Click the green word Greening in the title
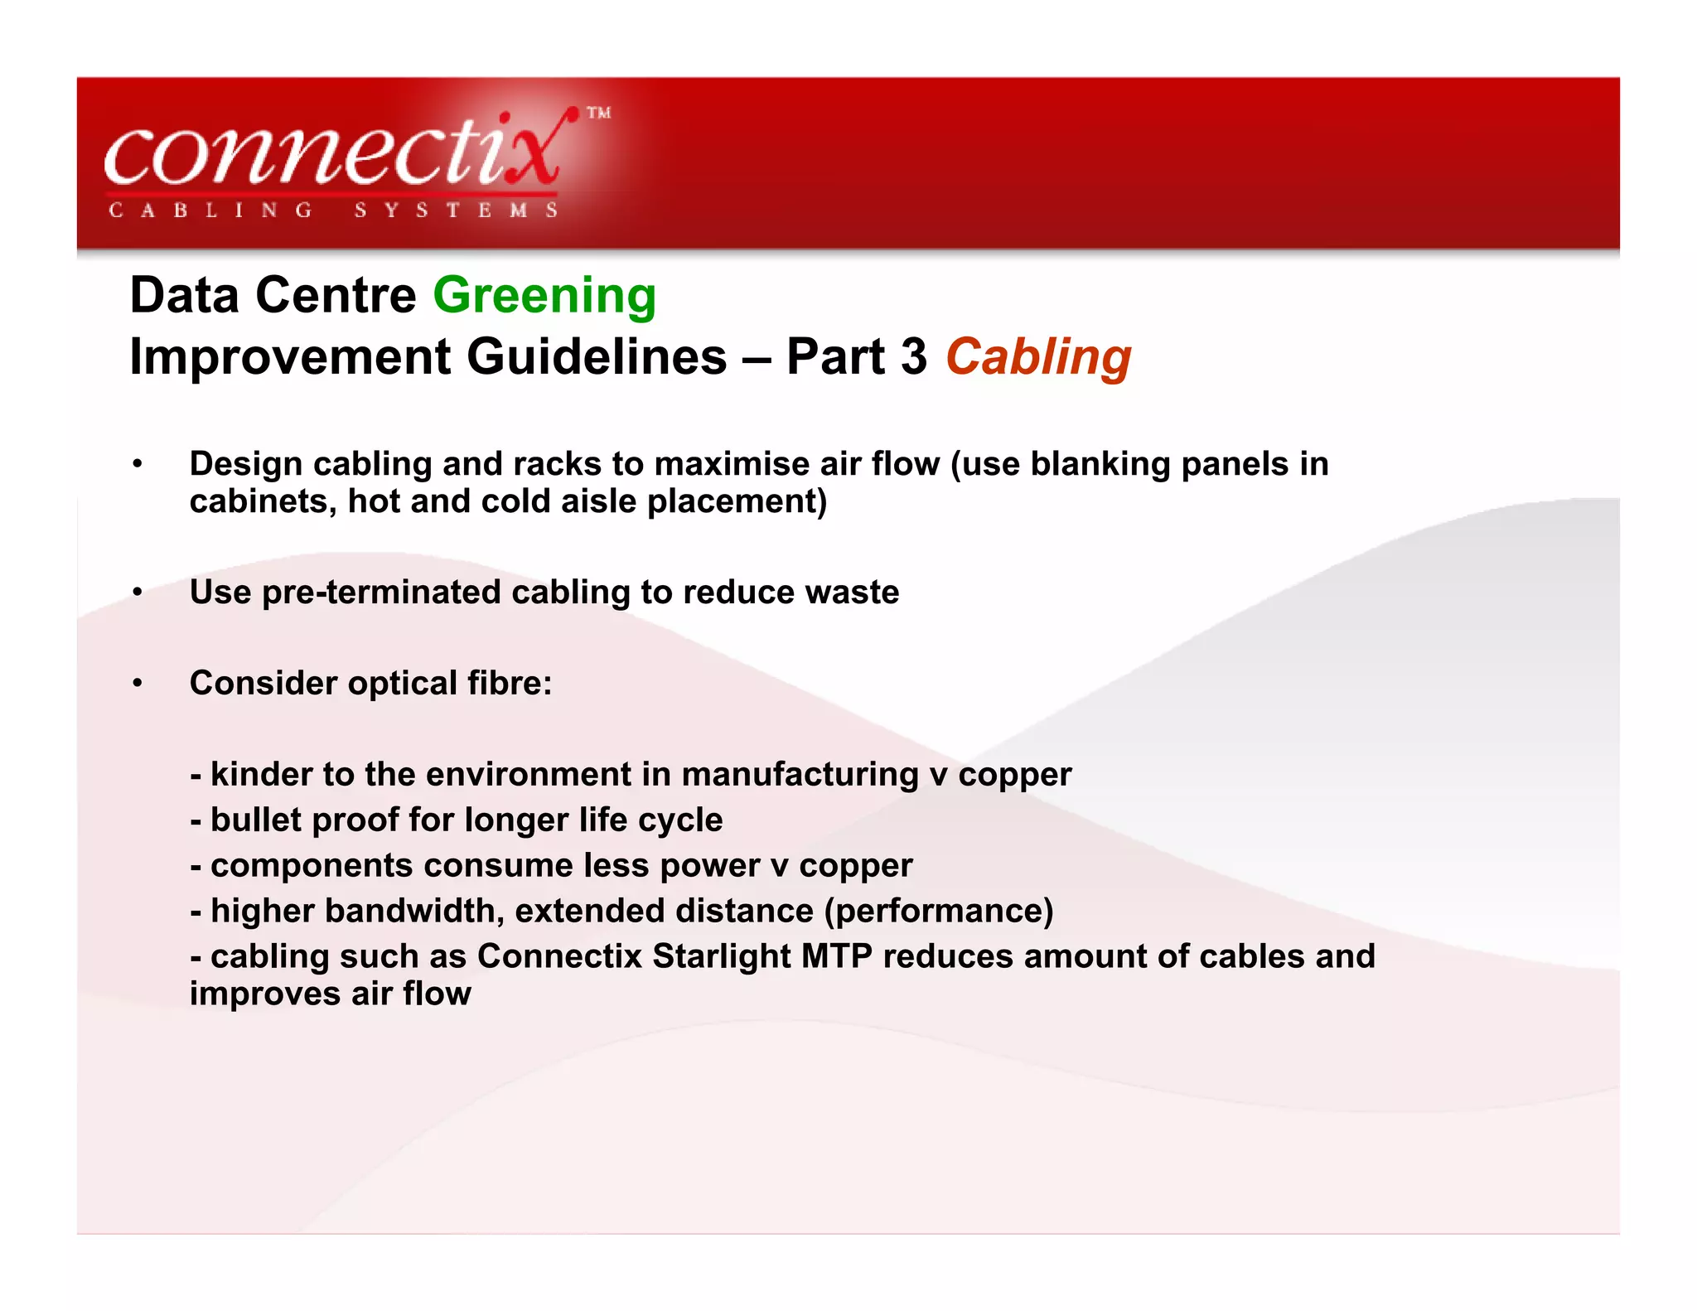(544, 296)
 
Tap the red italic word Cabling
(1038, 357)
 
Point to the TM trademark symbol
(599, 114)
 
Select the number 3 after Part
(913, 357)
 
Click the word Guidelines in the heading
(597, 357)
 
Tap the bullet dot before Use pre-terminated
(138, 593)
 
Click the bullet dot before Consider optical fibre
(138, 684)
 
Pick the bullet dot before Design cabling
(138, 464)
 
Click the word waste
(852, 593)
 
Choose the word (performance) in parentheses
(938, 911)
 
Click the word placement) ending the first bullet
(737, 501)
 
